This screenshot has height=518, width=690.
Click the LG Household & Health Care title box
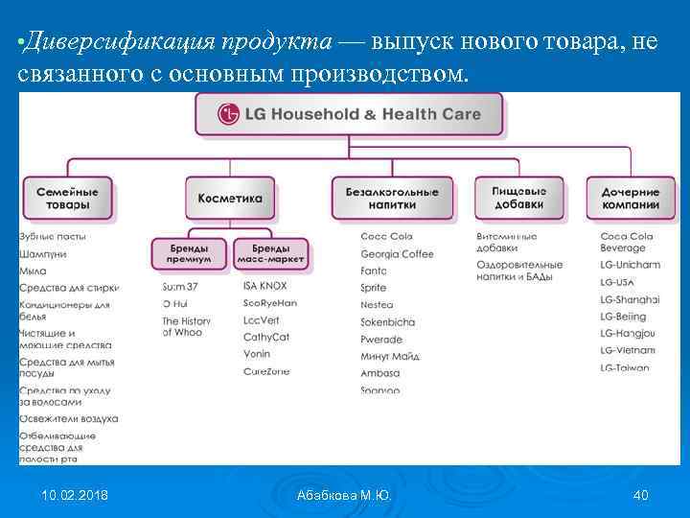point(349,115)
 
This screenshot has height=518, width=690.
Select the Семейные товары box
point(68,199)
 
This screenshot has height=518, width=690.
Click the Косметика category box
point(229,199)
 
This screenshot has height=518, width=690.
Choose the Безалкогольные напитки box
point(392,199)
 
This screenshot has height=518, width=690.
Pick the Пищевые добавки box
point(518,198)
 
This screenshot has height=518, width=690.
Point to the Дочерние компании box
point(631,199)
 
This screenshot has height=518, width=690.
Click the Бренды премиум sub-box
point(189,253)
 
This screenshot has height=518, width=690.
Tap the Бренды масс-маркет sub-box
point(272,253)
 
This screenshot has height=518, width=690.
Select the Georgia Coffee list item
point(397,254)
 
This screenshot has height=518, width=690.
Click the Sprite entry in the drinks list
point(374,288)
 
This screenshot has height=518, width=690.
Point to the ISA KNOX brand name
point(265,286)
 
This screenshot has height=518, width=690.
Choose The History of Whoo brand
point(186,327)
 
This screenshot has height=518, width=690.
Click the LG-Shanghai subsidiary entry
point(630,299)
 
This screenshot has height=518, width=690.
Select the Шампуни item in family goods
point(42,254)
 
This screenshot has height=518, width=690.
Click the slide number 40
point(641,495)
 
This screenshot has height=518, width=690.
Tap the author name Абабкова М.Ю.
point(344,495)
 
